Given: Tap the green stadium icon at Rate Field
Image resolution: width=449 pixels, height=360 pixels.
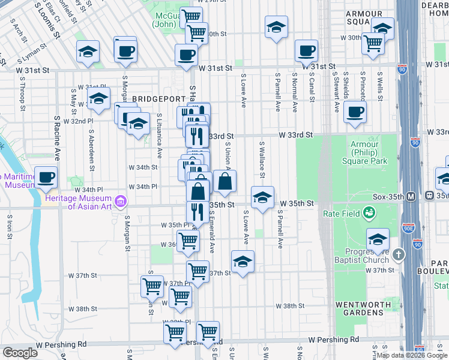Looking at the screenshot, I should tap(369, 212).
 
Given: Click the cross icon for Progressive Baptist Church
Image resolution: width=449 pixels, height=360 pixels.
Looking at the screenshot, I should tap(398, 256).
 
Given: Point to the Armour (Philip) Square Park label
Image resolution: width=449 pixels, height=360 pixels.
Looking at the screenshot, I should tap(364, 152).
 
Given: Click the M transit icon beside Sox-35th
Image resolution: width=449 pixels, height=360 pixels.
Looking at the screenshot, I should tap(411, 196).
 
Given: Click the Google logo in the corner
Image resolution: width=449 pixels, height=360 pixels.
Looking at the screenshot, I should tap(20, 352).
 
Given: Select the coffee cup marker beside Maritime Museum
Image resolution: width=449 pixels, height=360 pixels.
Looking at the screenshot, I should tap(46, 178).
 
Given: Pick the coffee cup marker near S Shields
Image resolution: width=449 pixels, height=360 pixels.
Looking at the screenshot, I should tap(355, 111).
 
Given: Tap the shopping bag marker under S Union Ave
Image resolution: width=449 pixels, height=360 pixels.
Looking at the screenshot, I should tap(224, 181).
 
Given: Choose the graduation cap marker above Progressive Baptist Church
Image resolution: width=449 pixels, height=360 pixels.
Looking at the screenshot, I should tap(378, 239).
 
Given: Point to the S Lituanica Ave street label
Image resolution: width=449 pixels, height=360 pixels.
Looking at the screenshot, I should tap(160, 136).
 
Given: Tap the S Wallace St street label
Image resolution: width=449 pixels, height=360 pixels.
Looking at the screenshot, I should tap(262, 160).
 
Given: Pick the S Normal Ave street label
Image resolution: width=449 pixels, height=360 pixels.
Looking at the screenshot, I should tap(295, 93).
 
